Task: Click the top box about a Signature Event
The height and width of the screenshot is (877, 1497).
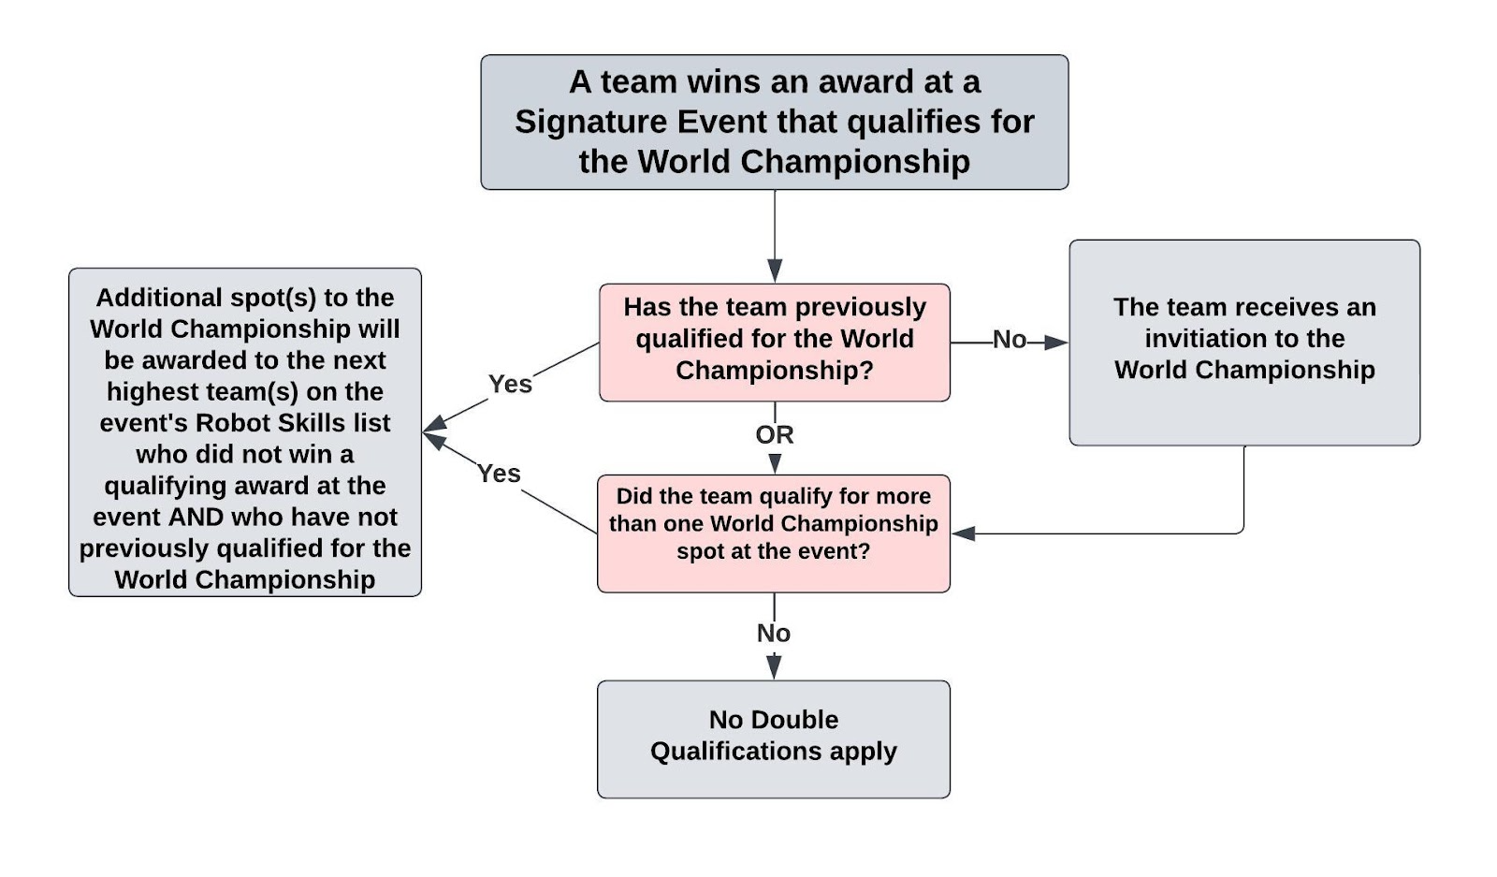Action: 774,122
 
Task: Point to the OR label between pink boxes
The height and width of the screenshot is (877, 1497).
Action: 774,434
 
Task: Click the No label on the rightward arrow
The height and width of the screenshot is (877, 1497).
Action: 1009,339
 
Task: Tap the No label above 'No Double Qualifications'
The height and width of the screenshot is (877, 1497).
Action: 773,634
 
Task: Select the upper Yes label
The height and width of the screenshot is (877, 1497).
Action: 510,384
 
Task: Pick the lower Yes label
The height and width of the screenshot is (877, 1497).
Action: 499,474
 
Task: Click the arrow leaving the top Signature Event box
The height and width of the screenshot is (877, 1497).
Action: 774,234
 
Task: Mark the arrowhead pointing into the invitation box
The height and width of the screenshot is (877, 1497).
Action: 1056,343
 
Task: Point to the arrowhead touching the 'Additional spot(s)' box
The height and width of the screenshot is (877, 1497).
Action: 433,431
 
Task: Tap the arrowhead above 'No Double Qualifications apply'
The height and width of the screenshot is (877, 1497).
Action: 773,666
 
